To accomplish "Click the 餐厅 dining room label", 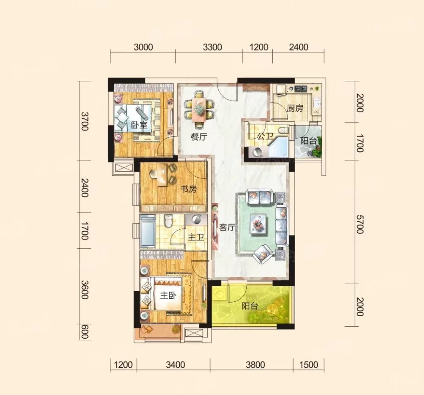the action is pyautogui.click(x=199, y=137).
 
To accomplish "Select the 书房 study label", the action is pyautogui.click(x=189, y=189).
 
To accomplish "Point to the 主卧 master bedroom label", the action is pyautogui.click(x=168, y=295).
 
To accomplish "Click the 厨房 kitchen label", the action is pyautogui.click(x=295, y=108).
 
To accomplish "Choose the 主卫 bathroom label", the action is pyautogui.click(x=196, y=237).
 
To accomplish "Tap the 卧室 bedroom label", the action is pyautogui.click(x=139, y=125).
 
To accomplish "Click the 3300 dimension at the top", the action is pyautogui.click(x=212, y=47).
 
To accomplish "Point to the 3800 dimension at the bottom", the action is pyautogui.click(x=255, y=365).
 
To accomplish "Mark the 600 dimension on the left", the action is pyautogui.click(x=84, y=332).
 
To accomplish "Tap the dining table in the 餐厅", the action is pyautogui.click(x=199, y=109).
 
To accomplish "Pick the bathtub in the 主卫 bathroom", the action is pyautogui.click(x=148, y=231).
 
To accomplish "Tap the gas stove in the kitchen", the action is pyautogui.click(x=301, y=88).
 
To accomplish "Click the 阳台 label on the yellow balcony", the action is pyautogui.click(x=250, y=306).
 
